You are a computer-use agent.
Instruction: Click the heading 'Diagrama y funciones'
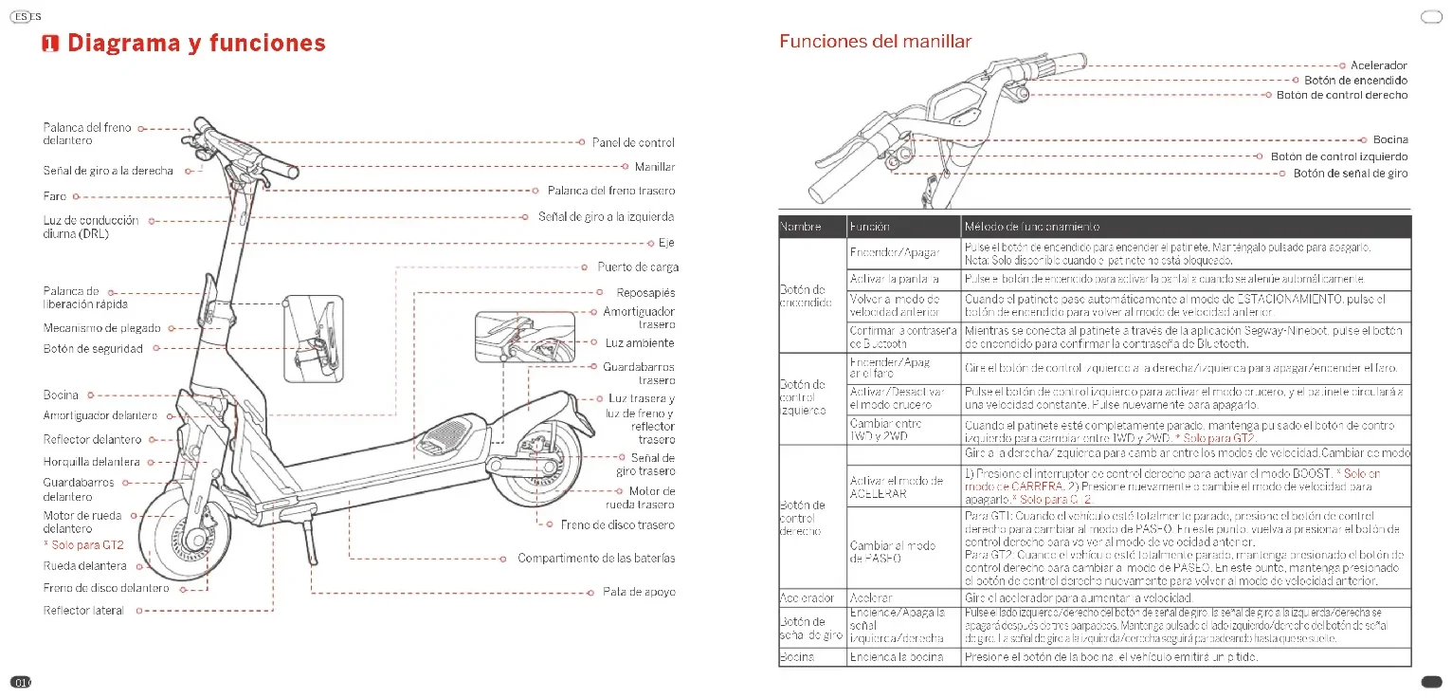196,43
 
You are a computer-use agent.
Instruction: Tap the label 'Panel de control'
633,143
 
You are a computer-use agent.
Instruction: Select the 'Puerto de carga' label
638,267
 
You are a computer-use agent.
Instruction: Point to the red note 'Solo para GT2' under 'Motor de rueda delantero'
83,545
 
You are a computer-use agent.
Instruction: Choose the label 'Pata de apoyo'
639,592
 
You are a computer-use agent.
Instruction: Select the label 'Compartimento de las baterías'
596,558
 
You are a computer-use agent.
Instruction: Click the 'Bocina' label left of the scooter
62,395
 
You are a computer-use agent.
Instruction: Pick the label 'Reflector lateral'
83,611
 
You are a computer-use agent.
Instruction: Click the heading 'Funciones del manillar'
875,41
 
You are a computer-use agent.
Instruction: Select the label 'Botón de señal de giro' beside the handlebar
1351,174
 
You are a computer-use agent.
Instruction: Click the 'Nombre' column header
799,227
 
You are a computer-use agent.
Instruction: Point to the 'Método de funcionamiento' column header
1031,227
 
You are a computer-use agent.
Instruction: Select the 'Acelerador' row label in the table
807,598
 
